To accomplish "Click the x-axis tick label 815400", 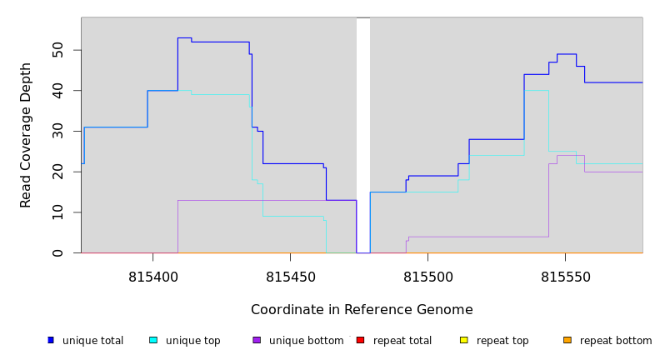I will point(152,277).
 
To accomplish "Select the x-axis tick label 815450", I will point(290,277).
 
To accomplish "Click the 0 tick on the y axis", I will point(57,252).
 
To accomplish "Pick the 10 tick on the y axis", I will point(57,212).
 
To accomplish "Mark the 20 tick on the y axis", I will point(57,172).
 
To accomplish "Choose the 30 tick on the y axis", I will point(57,131).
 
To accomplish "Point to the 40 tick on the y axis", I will point(57,90).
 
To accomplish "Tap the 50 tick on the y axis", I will point(57,50).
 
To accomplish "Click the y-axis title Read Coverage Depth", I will point(26,135).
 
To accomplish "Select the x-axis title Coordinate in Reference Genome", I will point(362,310).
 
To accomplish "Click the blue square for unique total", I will point(51,340).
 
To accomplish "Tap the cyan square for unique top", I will point(153,340).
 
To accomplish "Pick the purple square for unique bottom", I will point(257,340).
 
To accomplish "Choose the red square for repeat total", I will point(361,340).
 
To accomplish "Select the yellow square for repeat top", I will point(464,340).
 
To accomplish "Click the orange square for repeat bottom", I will point(567,340).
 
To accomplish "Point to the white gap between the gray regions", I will point(363,133).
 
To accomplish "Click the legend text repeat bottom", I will point(616,341).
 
